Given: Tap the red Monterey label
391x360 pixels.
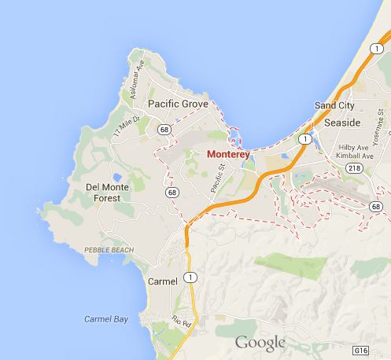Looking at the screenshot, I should [x=227, y=155].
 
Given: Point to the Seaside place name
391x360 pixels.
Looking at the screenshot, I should [x=341, y=123].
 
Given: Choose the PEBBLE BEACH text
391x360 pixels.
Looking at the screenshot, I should [x=108, y=250].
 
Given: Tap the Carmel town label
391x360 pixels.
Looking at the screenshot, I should [x=163, y=281].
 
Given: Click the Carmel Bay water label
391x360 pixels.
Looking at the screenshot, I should [x=106, y=318].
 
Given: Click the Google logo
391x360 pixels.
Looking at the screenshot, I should [x=260, y=342].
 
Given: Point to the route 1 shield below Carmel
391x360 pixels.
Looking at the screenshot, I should [x=189, y=276].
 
